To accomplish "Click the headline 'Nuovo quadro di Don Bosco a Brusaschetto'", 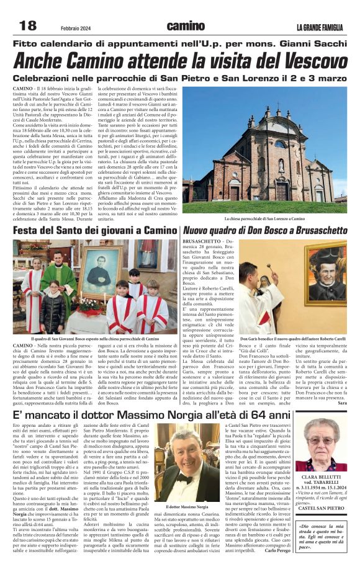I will [265, 231].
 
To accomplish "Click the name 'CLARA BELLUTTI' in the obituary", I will [322, 477].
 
